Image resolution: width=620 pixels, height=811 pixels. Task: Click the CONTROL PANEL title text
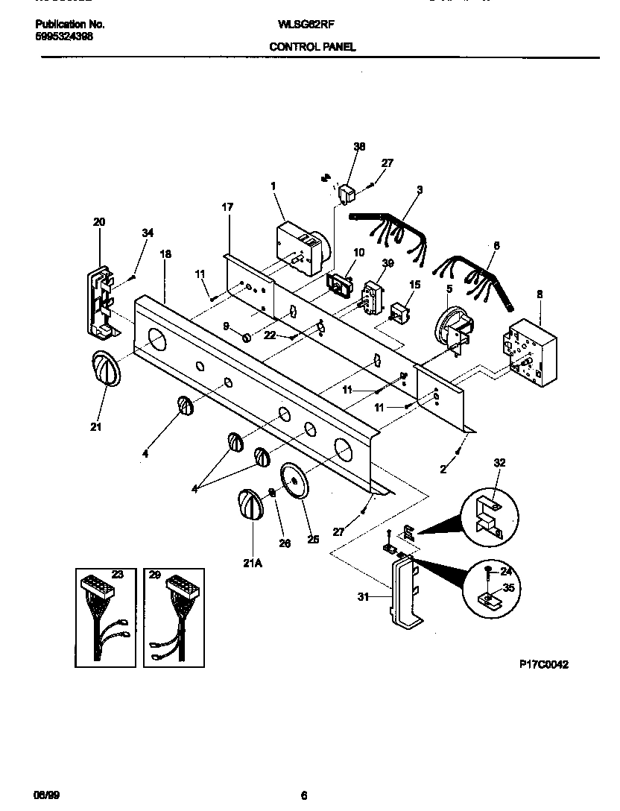pos(312,46)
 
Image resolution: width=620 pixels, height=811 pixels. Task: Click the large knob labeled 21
pos(105,370)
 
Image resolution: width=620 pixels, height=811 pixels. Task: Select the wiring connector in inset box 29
pos(174,615)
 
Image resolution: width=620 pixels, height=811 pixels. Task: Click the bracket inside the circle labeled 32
pos(489,514)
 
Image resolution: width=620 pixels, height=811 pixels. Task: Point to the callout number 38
pos(359,148)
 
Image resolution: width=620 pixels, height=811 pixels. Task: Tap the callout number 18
pos(165,254)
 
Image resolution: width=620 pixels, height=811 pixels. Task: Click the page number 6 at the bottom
pos(303,795)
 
